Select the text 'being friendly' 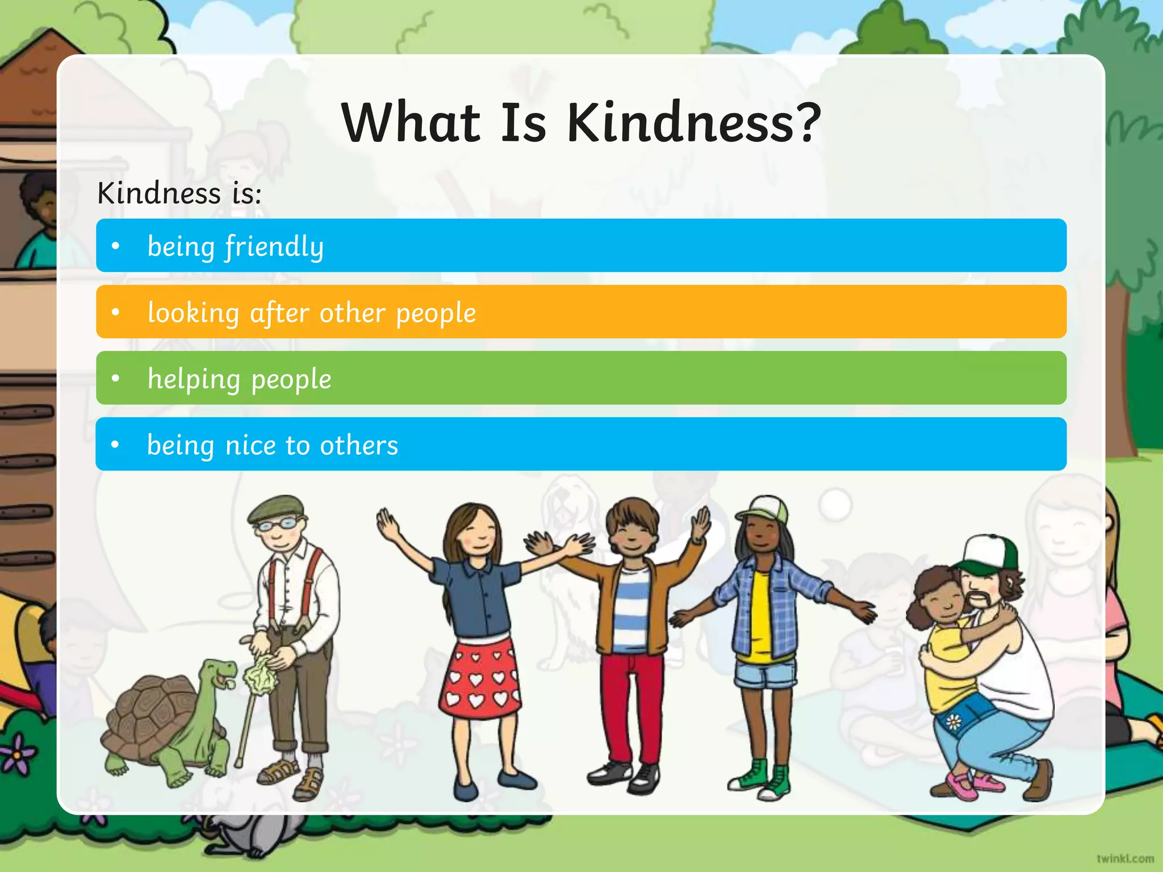(235, 246)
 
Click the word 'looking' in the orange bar (193, 313)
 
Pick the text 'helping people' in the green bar (239, 379)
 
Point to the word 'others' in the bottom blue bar (359, 446)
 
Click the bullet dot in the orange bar (116, 312)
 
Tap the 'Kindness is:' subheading (179, 193)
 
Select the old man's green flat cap (275, 507)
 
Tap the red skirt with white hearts (480, 678)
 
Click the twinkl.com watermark (1125, 858)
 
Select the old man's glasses (278, 524)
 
